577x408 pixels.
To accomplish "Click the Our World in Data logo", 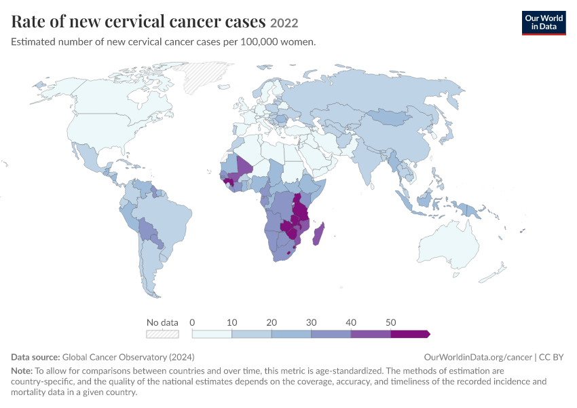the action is [544, 23].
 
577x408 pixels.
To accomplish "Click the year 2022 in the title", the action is [284, 23].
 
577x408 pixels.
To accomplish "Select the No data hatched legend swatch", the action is [162, 334].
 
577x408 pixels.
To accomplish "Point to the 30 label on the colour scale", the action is [311, 322].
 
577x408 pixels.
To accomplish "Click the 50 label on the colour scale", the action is [390, 322].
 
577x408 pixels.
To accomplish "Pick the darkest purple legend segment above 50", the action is [410, 334].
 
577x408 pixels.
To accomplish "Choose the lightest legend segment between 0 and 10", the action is [212, 334].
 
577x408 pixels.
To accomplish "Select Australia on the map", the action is [448, 244].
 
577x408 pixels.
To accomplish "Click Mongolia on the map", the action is [390, 117].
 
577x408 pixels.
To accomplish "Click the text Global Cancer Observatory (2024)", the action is [128, 357].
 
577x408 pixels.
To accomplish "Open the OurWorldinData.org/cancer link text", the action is [478, 357].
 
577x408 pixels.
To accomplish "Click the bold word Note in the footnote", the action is [22, 371].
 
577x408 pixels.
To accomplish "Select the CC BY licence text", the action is [551, 357].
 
